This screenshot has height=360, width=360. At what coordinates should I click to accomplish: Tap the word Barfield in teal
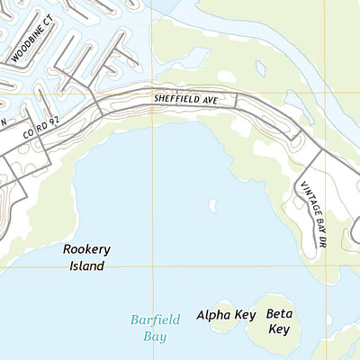[x=155, y=319]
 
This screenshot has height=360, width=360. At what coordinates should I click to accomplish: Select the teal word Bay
[x=155, y=336]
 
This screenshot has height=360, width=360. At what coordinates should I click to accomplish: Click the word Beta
[x=278, y=314]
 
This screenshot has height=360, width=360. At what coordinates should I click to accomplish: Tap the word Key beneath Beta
[x=278, y=329]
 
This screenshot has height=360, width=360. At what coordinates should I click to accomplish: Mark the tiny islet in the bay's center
[x=212, y=205]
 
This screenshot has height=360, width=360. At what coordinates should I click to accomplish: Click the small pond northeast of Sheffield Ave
[x=260, y=68]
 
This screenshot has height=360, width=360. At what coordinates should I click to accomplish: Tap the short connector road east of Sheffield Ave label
[x=237, y=101]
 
